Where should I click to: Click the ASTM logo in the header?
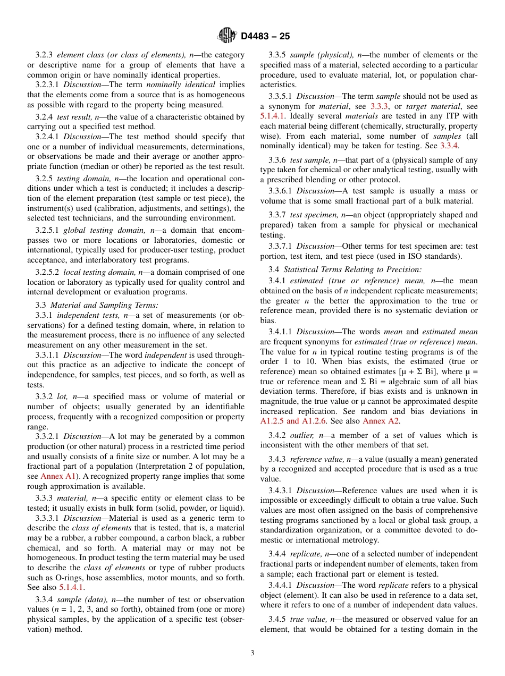point(227,36)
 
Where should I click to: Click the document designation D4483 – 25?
point(265,37)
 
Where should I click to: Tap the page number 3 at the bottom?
point(252,653)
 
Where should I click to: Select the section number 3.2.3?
point(45,55)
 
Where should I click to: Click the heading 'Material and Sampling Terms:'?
point(104,305)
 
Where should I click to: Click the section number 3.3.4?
point(45,599)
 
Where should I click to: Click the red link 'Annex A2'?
point(381,421)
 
